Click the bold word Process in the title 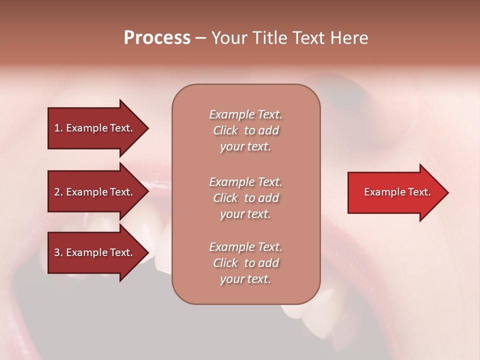tap(157, 38)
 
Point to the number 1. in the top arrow tap(58, 128)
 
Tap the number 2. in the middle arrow tap(58, 192)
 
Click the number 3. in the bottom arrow tap(58, 252)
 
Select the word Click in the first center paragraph tap(225, 130)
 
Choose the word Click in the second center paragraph tap(225, 198)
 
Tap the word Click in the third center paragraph tap(225, 263)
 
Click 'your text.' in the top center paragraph tap(245, 147)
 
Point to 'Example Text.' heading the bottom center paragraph tap(245, 247)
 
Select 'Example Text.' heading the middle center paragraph tap(245, 182)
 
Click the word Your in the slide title tap(228, 38)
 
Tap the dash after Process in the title tap(200, 38)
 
